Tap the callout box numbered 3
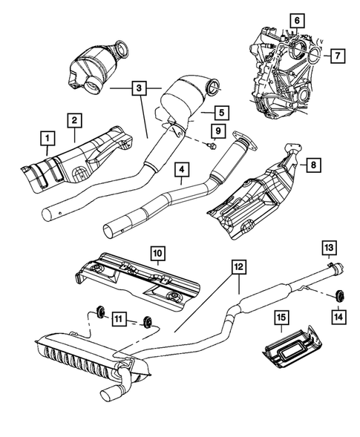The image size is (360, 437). point(138,89)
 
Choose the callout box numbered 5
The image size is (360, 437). point(220,114)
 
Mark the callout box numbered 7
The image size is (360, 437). point(336,55)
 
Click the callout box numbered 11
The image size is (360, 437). point(118,321)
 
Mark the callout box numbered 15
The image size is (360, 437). point(282,318)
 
